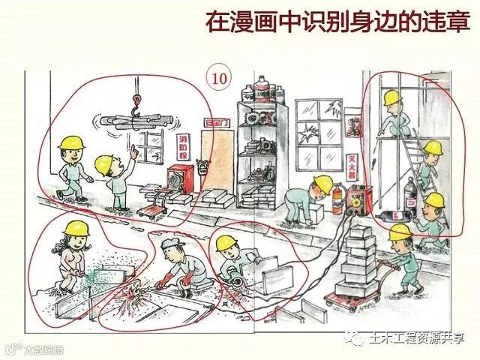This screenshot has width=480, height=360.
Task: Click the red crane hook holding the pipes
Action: (x=136, y=105)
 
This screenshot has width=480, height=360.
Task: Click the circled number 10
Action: (x=217, y=76)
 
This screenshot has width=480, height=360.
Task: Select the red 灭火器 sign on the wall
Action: (x=351, y=171)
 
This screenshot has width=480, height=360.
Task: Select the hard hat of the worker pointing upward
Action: (x=105, y=163)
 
